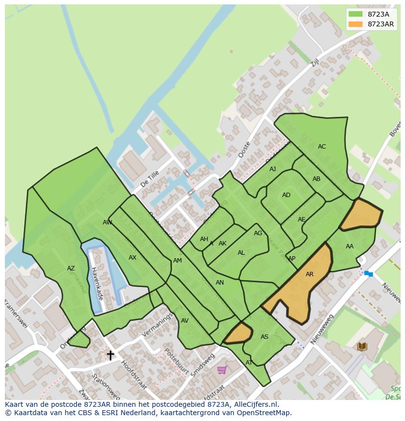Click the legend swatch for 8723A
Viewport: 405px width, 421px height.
pos(356,14)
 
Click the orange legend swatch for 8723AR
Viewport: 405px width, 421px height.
pos(356,24)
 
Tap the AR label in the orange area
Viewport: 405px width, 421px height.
pos(310,274)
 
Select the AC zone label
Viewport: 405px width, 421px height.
pos(322,147)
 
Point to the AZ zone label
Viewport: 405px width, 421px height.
pos(71,268)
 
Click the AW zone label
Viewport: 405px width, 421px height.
pos(107,222)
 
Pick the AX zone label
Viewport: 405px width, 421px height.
pos(133,258)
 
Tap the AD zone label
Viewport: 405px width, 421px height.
pos(286,195)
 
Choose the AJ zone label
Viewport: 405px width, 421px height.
pos(273,169)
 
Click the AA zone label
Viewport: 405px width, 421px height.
pos(350,246)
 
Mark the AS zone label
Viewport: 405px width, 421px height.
pos(265,337)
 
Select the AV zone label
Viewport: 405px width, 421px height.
pos(185,321)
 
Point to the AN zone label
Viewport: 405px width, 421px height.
pos(220,283)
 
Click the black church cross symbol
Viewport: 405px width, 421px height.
pos(111,355)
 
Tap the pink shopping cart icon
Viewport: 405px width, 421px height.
pos(222,370)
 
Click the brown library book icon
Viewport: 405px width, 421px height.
pos(362,347)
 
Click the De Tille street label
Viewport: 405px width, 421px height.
pos(150,179)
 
